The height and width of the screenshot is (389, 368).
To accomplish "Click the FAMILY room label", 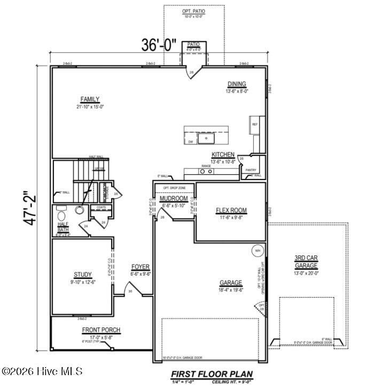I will pyautogui.click(x=90, y=99).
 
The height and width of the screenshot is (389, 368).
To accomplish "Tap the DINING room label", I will pyautogui.click(x=237, y=84).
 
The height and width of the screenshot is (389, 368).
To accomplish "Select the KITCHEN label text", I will pyautogui.click(x=223, y=155).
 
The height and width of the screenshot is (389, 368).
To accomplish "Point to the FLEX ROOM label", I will pyautogui.click(x=231, y=211).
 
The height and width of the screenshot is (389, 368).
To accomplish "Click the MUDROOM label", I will pyautogui.click(x=173, y=199).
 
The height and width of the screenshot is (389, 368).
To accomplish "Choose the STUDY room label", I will pyautogui.click(x=83, y=275).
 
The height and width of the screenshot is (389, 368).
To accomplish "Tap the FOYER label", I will pyautogui.click(x=141, y=267).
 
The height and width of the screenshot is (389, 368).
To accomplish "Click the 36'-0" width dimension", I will pyautogui.click(x=159, y=45).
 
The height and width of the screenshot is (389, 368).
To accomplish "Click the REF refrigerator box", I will pyautogui.click(x=255, y=125).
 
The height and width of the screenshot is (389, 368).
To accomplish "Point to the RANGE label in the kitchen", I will pyautogui.click(x=206, y=166).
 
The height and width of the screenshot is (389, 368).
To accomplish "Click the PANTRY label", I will pyautogui.click(x=251, y=170).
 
